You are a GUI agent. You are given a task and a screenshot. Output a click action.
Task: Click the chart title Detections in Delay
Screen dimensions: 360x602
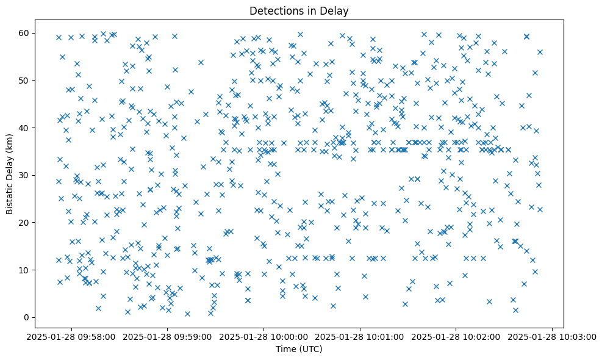[299, 10]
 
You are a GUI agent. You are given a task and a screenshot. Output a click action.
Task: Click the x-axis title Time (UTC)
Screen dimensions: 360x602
[299, 350]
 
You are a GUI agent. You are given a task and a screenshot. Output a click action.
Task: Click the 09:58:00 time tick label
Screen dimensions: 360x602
[73, 336]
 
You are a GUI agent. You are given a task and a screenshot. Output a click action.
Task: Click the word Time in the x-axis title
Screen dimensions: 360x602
[285, 350]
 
